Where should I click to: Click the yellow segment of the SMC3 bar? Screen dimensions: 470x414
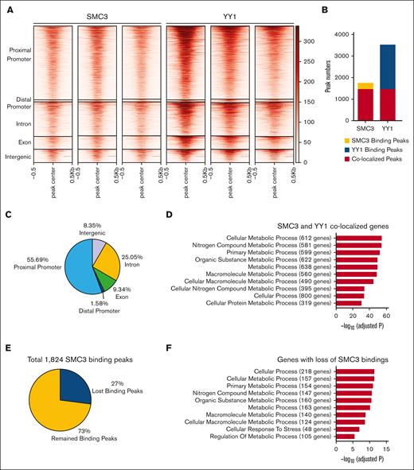click(x=343, y=85)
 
